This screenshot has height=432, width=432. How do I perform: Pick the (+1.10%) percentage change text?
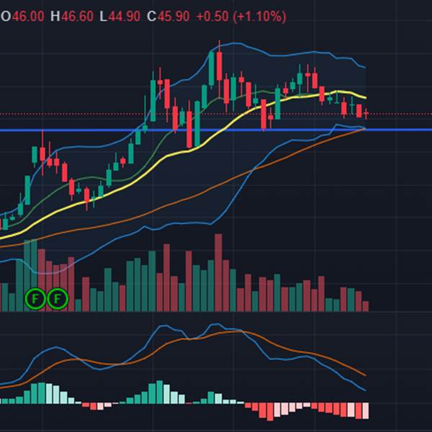259,16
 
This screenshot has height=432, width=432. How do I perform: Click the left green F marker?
35,298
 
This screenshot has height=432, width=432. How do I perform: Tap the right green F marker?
57,298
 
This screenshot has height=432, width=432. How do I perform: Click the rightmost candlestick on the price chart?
366,112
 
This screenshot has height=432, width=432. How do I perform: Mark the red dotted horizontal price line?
403,114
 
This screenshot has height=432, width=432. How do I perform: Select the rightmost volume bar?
366,306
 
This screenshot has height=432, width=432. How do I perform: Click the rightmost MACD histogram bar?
366,410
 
